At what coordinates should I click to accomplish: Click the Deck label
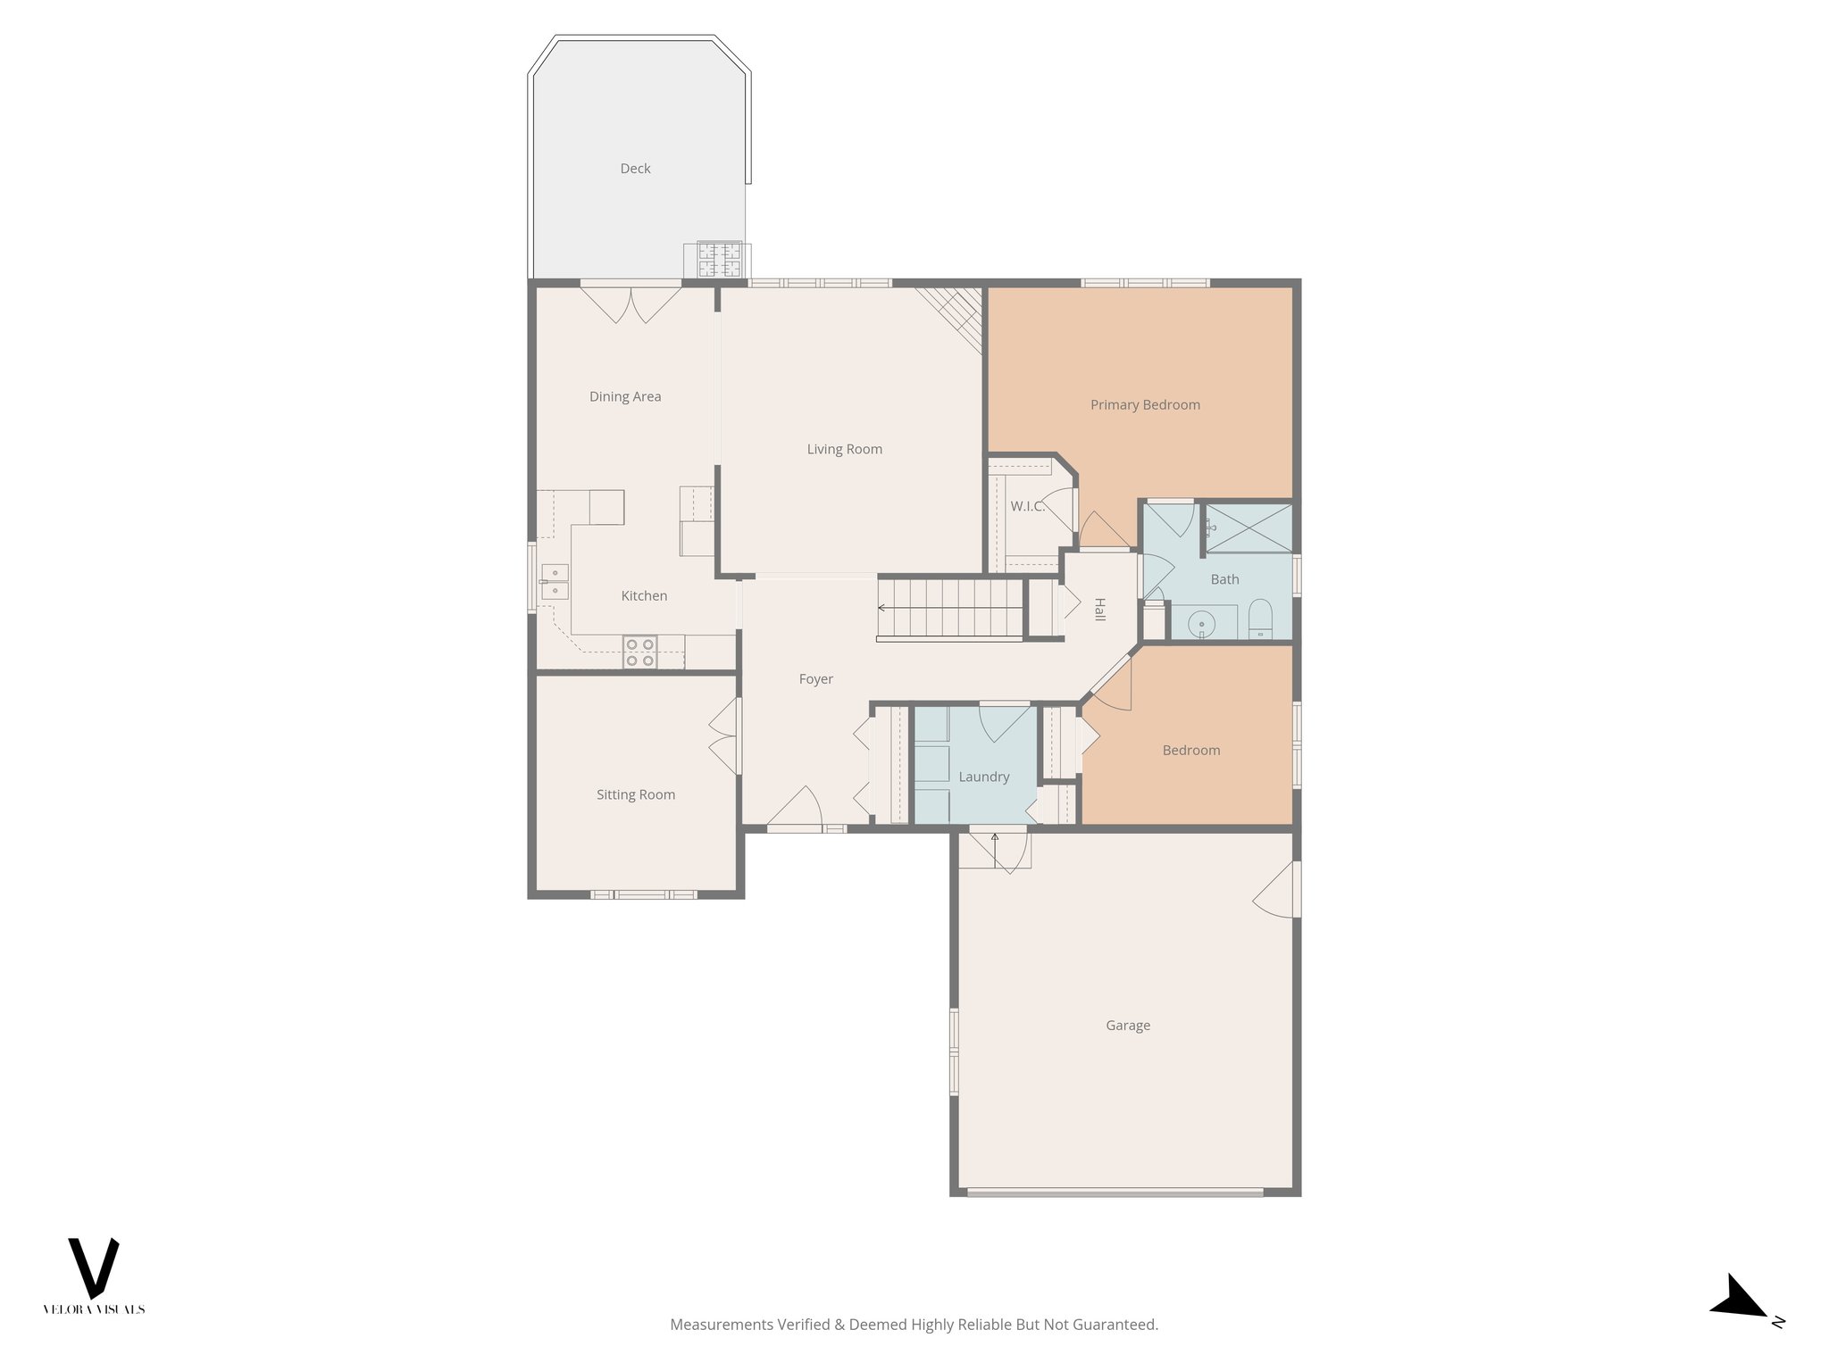pyautogui.click(x=635, y=169)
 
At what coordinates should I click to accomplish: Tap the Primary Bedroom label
pyautogui.click(x=1145, y=405)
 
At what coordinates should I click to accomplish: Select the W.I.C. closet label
pyautogui.click(x=1027, y=506)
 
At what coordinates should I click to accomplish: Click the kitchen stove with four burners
pyautogui.click(x=639, y=652)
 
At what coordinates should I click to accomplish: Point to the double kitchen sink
pyautogui.click(x=555, y=581)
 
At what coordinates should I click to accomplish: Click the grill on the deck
pyautogui.click(x=719, y=260)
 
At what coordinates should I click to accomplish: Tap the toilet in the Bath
pyautogui.click(x=1260, y=619)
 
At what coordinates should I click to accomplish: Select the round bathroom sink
pyautogui.click(x=1203, y=622)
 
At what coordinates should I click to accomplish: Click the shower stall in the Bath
pyautogui.click(x=1249, y=528)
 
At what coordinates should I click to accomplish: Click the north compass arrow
pyautogui.click(x=1740, y=1299)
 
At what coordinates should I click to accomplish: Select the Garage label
pyautogui.click(x=1127, y=1026)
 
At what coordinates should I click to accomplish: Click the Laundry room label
pyautogui.click(x=983, y=777)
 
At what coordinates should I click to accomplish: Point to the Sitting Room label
pyautogui.click(x=635, y=795)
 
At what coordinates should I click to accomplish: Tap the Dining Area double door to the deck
pyautogui.click(x=631, y=302)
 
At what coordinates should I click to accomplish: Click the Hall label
pyautogui.click(x=1099, y=610)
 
